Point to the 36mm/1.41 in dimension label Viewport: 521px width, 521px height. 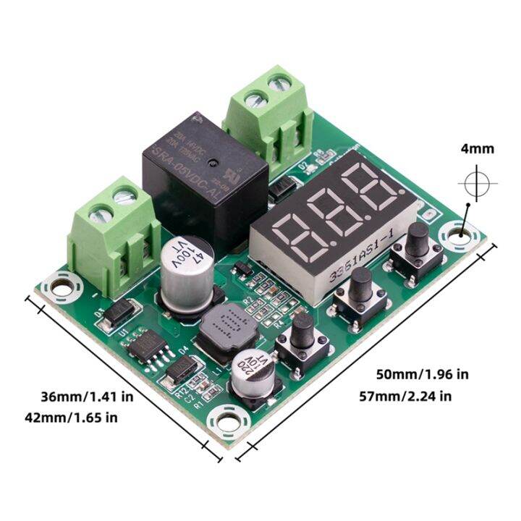tap(87, 397)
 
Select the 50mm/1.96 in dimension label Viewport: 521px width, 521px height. tap(422, 374)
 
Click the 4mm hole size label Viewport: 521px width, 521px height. tap(477, 149)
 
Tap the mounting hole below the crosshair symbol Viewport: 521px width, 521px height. tap(461, 234)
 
